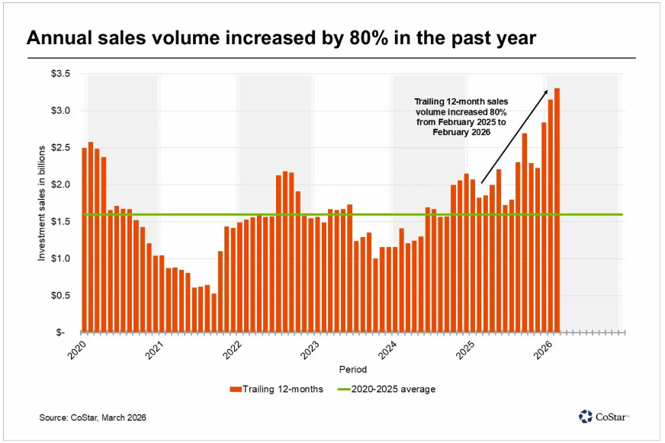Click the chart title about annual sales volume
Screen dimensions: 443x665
pos(281,38)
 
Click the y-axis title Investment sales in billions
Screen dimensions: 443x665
pos(42,202)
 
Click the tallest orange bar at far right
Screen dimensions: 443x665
pos(557,210)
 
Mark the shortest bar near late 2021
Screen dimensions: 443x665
pos(214,313)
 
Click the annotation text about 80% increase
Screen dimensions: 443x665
pos(460,116)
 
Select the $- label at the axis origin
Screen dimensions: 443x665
pos(63,332)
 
